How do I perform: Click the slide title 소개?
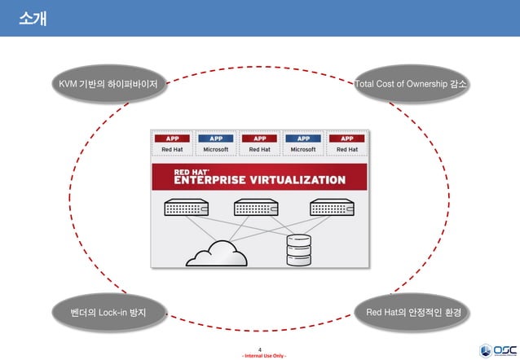32,17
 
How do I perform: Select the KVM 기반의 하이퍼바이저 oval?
108,83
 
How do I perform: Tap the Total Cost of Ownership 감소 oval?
414,83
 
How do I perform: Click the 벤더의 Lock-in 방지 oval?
108,312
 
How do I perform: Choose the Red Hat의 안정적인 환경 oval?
414,312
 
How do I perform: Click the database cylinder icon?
298,250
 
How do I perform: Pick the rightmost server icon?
332,208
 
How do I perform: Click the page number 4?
259,349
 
